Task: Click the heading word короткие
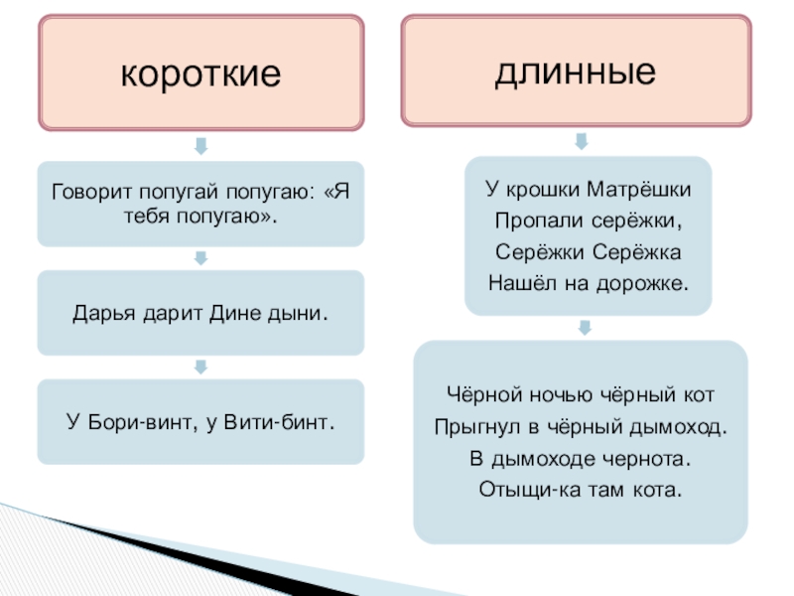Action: (200, 74)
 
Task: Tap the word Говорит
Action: (88, 193)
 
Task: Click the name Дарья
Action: (98, 313)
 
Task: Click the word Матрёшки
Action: (633, 190)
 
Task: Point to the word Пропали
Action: (533, 221)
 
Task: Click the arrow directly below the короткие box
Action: (200, 146)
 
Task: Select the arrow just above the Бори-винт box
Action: (200, 367)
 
